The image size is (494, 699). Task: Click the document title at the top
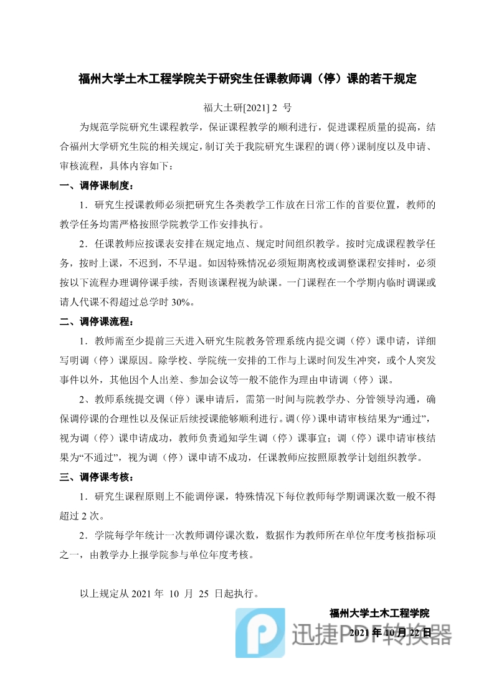pyautogui.click(x=247, y=79)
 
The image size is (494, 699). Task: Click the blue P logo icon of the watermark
pyautogui.click(x=260, y=632)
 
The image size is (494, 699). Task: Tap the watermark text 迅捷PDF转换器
pyautogui.click(x=371, y=634)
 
